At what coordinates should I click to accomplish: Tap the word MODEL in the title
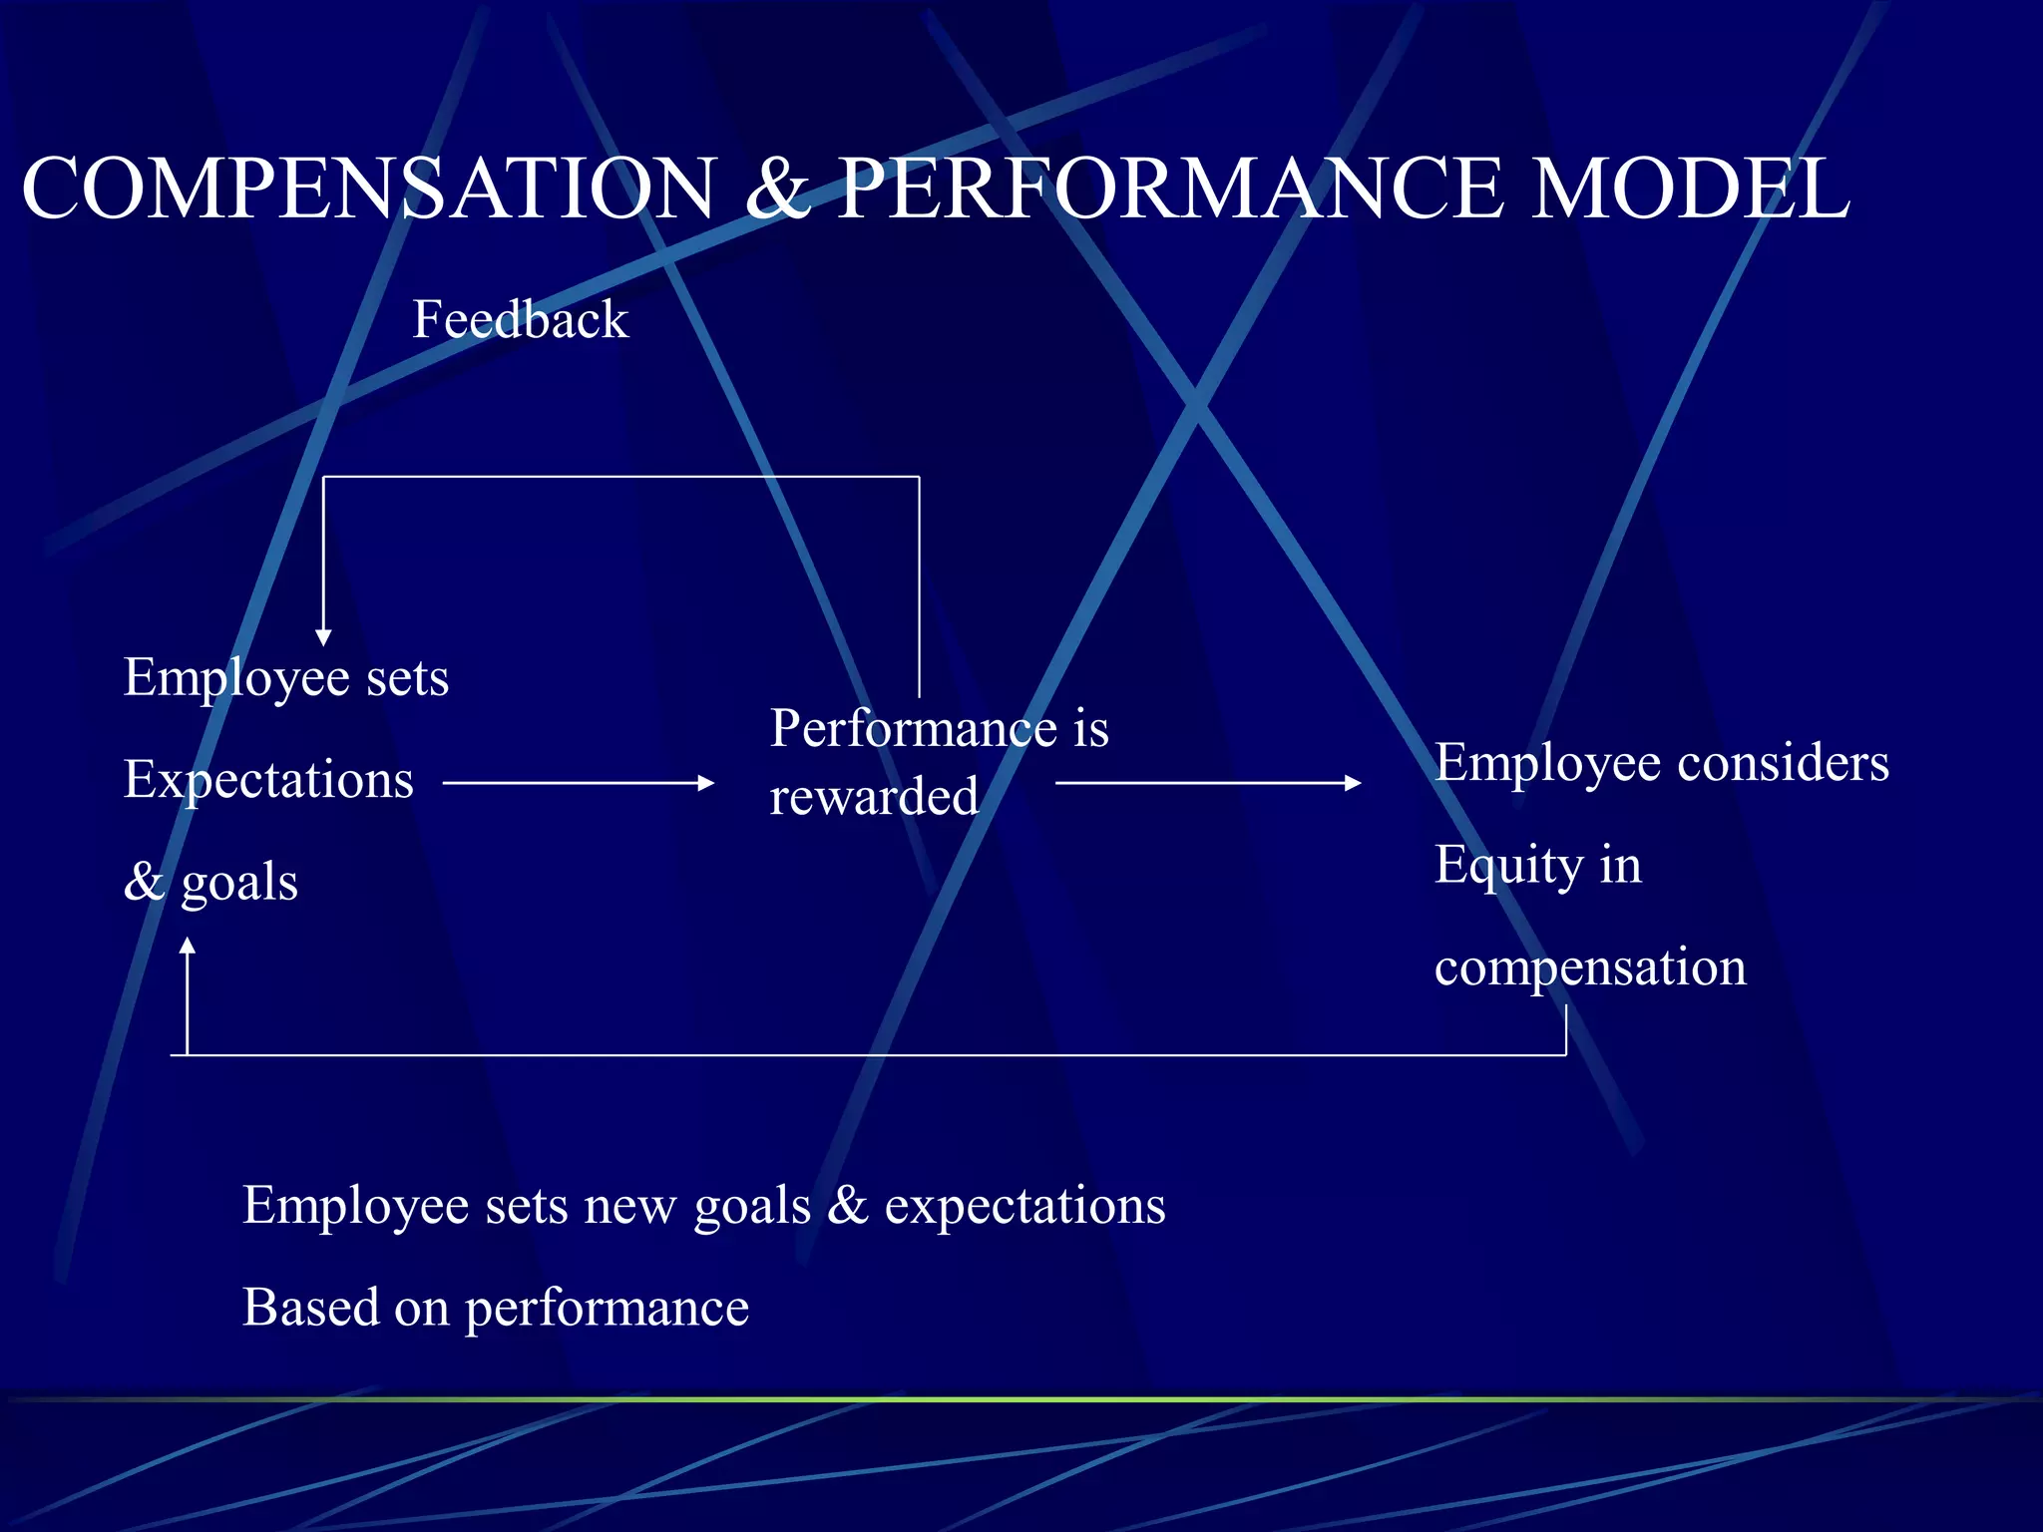point(1690,189)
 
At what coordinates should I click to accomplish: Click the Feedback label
point(521,320)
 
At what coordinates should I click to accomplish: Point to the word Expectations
point(268,780)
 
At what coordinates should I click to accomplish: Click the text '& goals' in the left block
point(210,882)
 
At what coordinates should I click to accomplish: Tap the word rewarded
point(874,797)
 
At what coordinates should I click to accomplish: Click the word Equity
point(1507,865)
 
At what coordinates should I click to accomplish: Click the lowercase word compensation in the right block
point(1590,967)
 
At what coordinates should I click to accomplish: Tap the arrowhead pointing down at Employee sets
point(323,637)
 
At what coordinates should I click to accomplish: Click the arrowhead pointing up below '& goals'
point(187,946)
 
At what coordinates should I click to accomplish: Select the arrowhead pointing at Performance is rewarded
point(706,783)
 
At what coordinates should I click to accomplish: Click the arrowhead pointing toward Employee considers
point(1353,783)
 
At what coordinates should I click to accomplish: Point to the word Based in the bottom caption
point(310,1307)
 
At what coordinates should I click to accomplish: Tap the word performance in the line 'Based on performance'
point(607,1309)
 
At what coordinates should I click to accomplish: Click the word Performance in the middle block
point(913,728)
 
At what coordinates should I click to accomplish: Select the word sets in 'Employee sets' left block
point(407,678)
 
